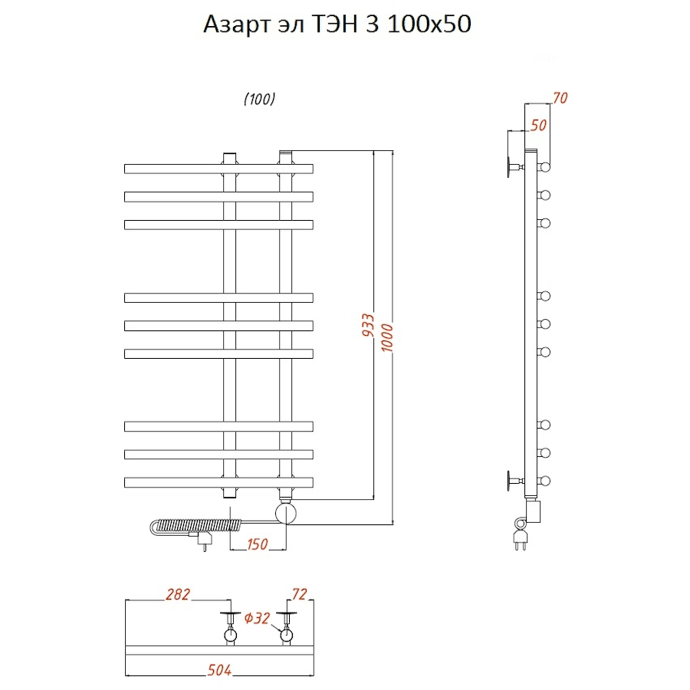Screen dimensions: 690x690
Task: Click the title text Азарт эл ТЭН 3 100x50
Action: (337, 25)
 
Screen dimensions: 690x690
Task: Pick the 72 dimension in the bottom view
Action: (300, 594)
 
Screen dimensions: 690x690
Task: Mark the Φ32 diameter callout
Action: (258, 619)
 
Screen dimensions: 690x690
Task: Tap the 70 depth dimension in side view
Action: (560, 97)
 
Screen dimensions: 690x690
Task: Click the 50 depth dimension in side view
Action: (539, 124)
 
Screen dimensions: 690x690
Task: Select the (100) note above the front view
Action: (259, 100)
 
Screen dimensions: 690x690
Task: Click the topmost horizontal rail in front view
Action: (219, 168)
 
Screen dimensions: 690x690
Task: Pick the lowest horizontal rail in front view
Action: (219, 481)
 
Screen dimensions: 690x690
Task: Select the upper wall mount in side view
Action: (513, 167)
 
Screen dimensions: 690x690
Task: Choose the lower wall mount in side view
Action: (513, 481)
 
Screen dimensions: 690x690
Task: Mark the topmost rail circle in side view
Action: (545, 167)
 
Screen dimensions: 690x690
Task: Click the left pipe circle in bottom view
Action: (230, 635)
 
